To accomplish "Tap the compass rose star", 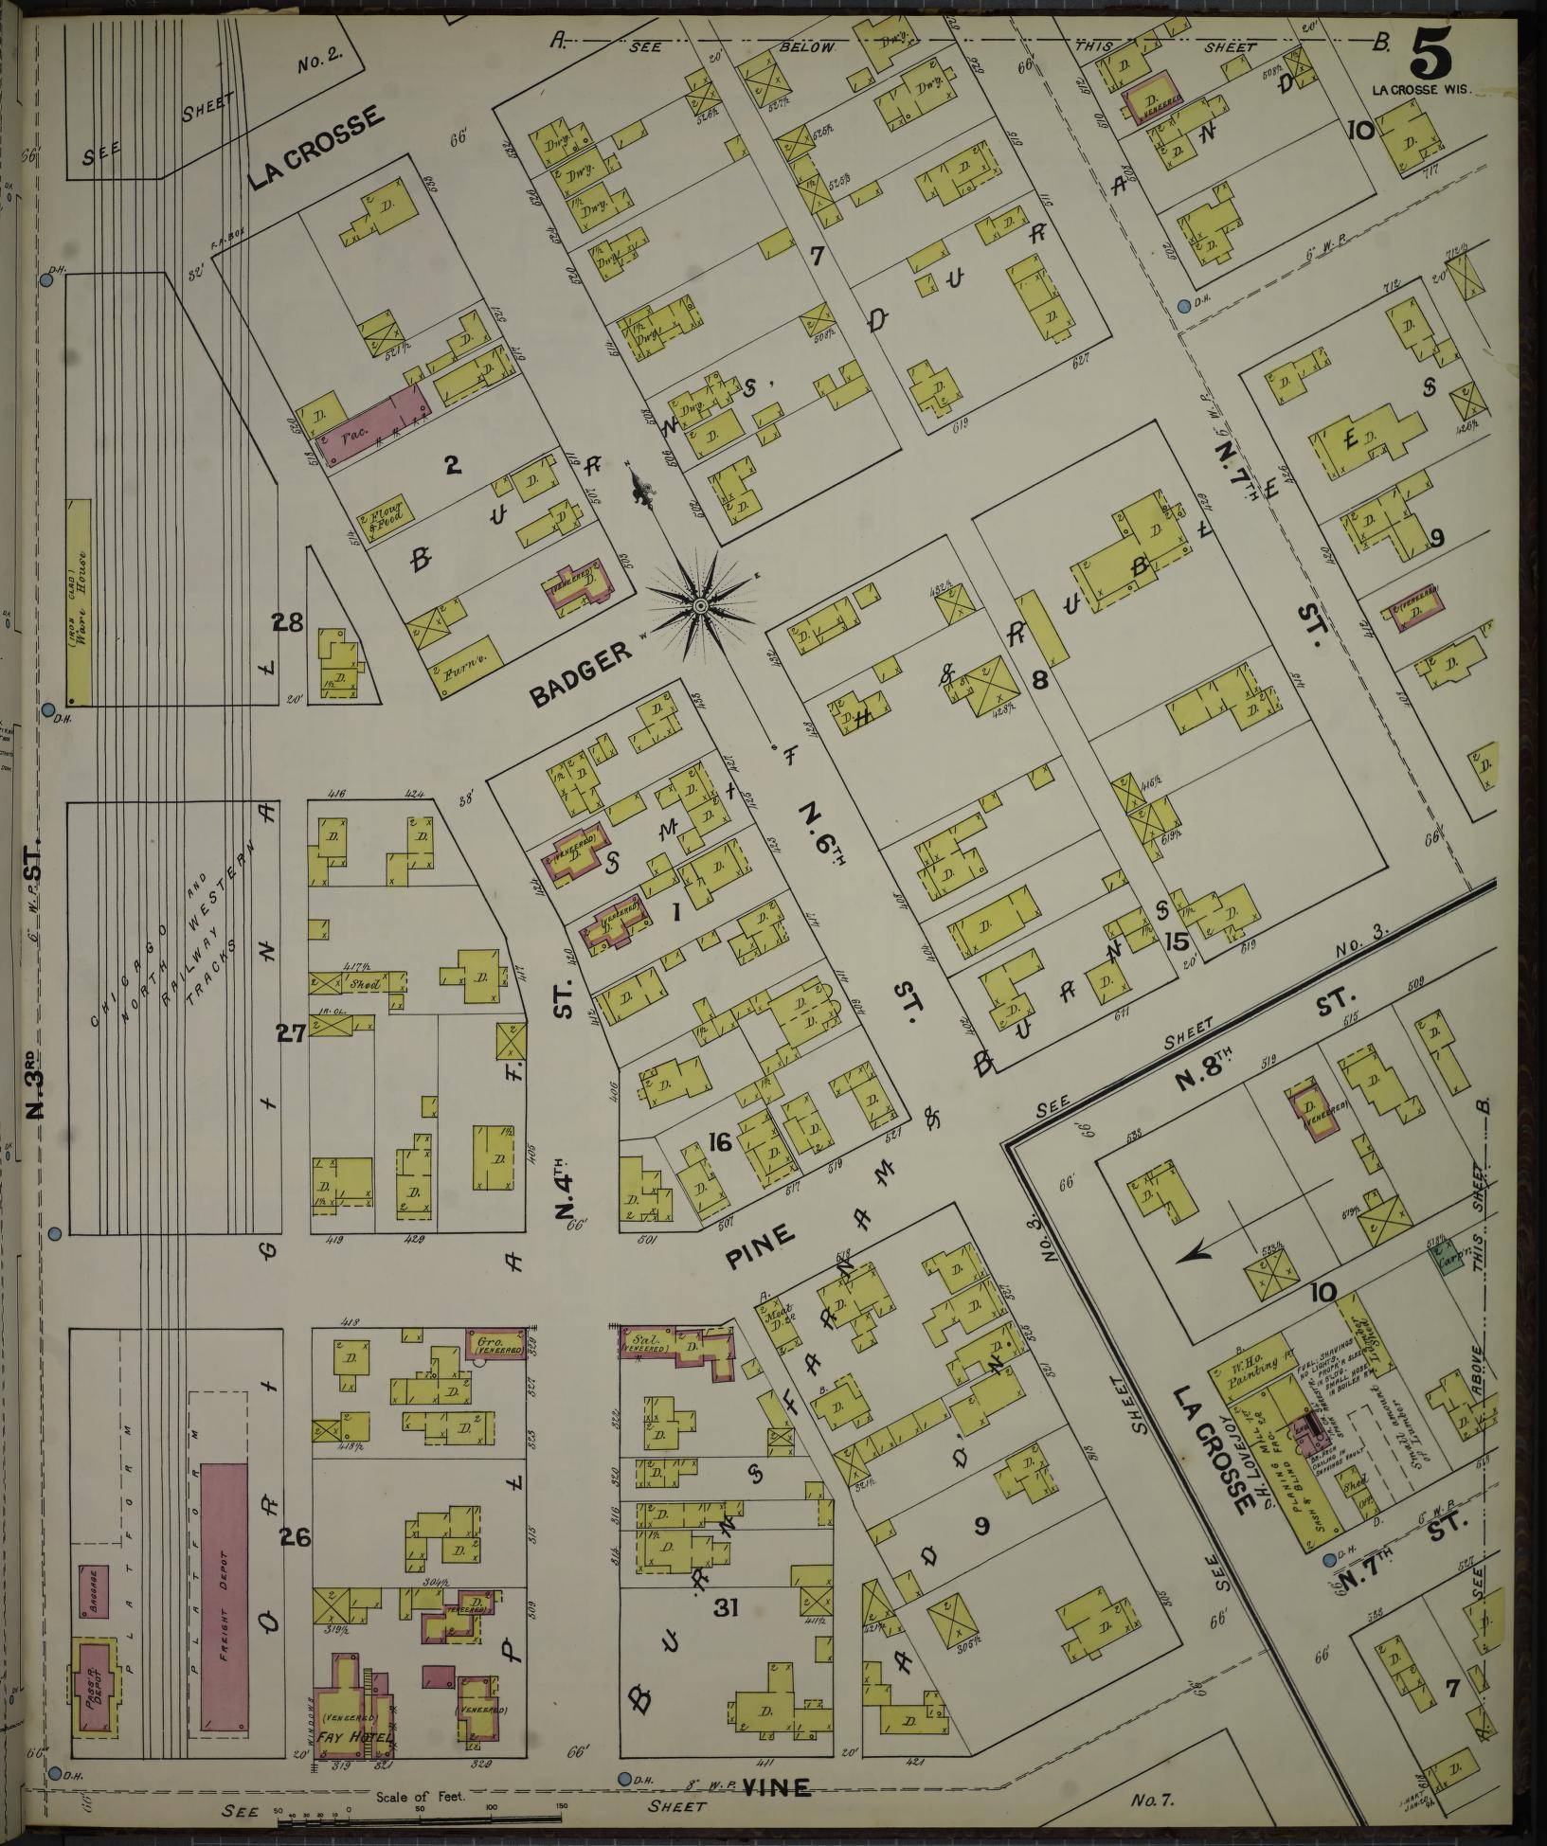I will (x=700, y=605).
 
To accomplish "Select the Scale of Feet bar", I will (x=417, y=1813).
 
